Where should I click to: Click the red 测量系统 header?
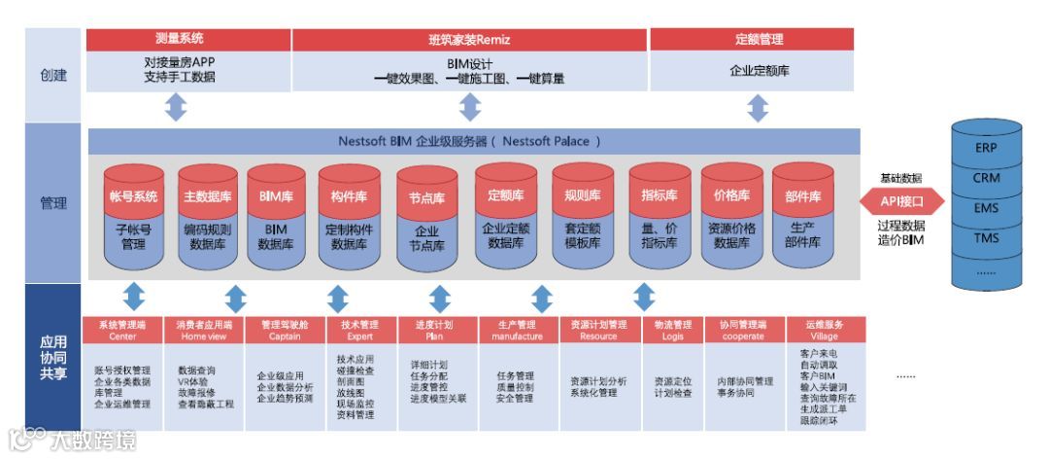tap(187, 40)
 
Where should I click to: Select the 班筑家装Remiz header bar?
tap(469, 40)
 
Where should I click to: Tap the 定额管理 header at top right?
tap(752, 40)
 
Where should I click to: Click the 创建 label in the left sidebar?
tap(53, 75)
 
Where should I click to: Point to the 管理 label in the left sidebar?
tap(53, 203)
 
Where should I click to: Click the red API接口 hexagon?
tap(902, 202)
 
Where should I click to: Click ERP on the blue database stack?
tap(985, 149)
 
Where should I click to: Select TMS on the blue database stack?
tap(985, 237)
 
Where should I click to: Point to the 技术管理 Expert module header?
tap(356, 330)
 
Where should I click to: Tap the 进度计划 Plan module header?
tap(434, 330)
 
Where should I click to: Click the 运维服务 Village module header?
tap(823, 330)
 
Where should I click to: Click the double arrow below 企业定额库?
tap(752, 107)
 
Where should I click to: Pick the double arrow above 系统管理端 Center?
tap(135, 296)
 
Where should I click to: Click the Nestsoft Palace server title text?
tap(469, 141)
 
